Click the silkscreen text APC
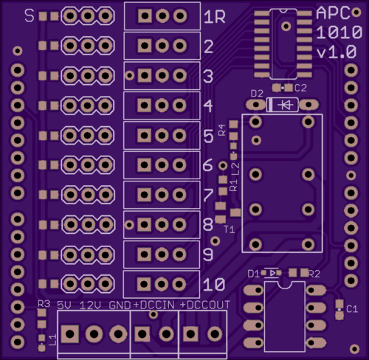coord(333,13)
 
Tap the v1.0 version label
coord(337,52)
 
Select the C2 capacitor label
coord(300,88)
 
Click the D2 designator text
coord(257,94)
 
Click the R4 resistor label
coord(222,130)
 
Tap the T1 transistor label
coord(230,229)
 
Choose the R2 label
coord(314,274)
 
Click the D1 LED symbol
coord(272,273)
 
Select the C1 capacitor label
coord(352,309)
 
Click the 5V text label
coord(64,305)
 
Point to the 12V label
coord(90,305)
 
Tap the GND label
coord(120,305)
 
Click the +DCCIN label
coord(154,305)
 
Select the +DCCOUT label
coord(205,305)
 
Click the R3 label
coord(44,304)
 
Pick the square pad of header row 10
coord(144,284)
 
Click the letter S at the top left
coord(30,15)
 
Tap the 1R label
coord(215,17)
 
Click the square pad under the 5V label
coord(70,334)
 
